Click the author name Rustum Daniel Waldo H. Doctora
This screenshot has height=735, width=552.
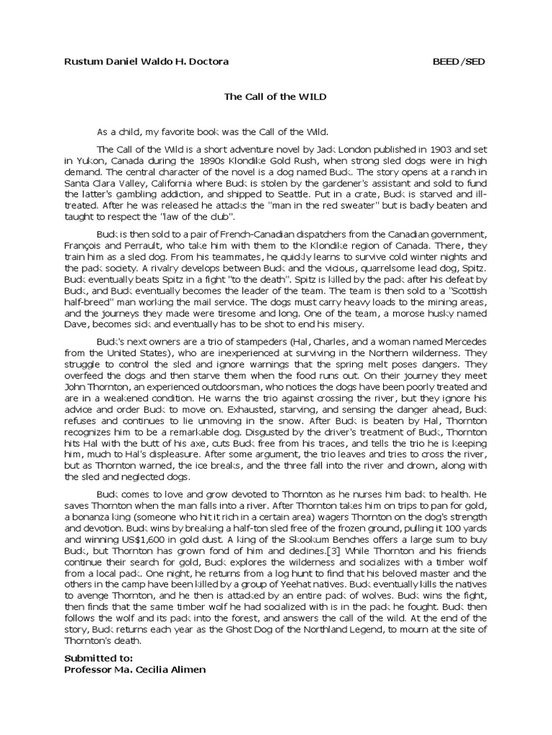147,62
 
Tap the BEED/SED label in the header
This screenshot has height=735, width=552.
458,62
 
